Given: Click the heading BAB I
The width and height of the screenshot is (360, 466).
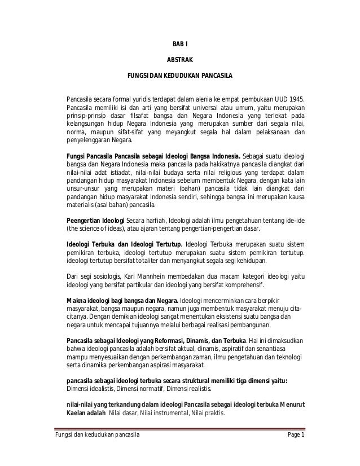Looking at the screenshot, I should click(179, 45).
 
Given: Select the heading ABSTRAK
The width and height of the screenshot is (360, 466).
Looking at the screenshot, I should click(179, 59).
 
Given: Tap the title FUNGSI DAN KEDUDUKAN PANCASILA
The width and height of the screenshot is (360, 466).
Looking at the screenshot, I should click(179, 74).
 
